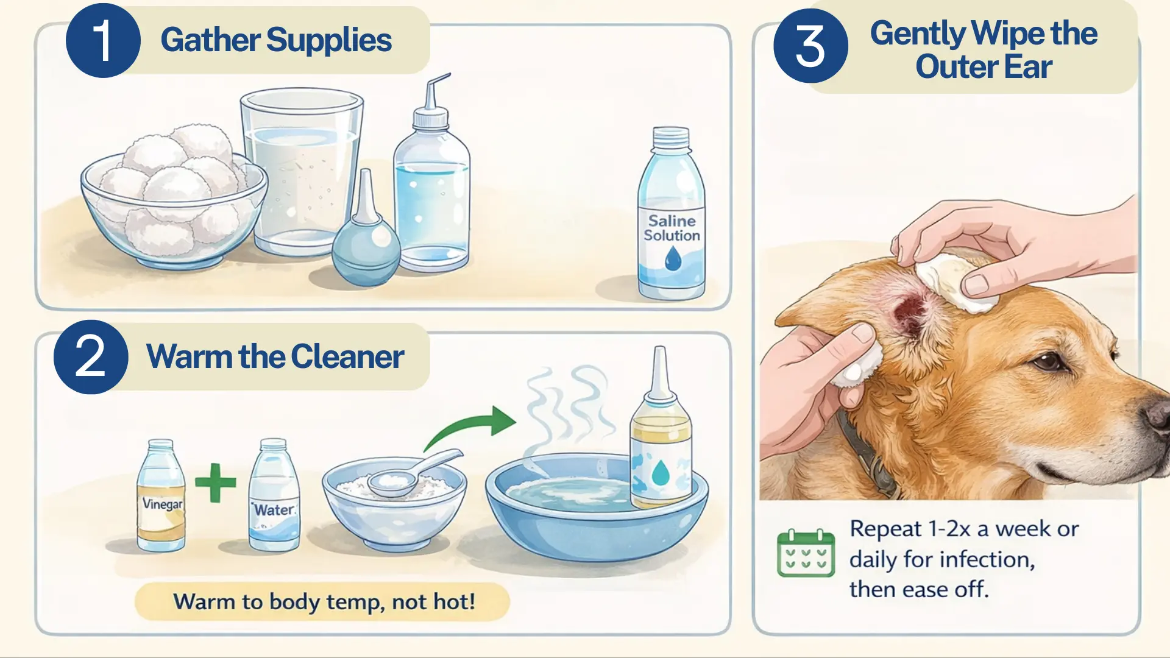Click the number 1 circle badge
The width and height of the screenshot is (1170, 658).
103,41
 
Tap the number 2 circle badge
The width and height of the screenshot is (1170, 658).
91,357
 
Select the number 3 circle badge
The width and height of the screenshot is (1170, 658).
810,46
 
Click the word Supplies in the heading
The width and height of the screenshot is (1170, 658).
328,41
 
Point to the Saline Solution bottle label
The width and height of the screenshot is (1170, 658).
672,228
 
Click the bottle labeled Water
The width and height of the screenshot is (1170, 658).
274,500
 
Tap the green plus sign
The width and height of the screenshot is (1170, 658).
215,483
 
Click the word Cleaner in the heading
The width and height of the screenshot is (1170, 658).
347,357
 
